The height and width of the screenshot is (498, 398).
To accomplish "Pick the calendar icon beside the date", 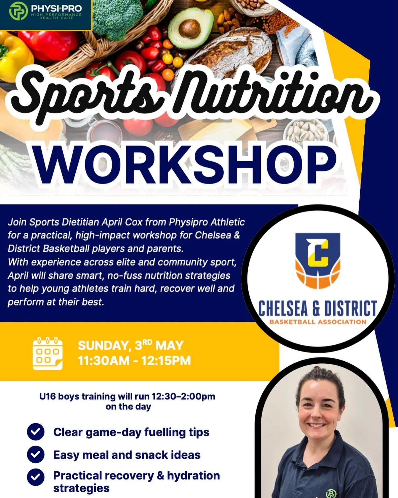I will point(47,353).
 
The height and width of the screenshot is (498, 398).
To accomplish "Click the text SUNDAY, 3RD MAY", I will point(131,345).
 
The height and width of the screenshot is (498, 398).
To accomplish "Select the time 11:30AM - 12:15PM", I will point(134,361).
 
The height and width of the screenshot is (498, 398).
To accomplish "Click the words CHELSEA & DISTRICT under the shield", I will point(317,308).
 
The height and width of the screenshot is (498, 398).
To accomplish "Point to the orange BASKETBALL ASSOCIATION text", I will point(317,322).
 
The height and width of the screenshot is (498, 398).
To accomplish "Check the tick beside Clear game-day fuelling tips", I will point(36,432).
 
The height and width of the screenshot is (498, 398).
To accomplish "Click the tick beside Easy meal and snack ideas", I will point(36,455).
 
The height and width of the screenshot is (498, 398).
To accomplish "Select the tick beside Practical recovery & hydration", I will point(36,477).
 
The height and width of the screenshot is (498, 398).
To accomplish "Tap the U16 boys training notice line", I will point(127,396).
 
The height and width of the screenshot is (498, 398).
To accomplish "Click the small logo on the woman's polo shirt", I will point(331,493).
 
